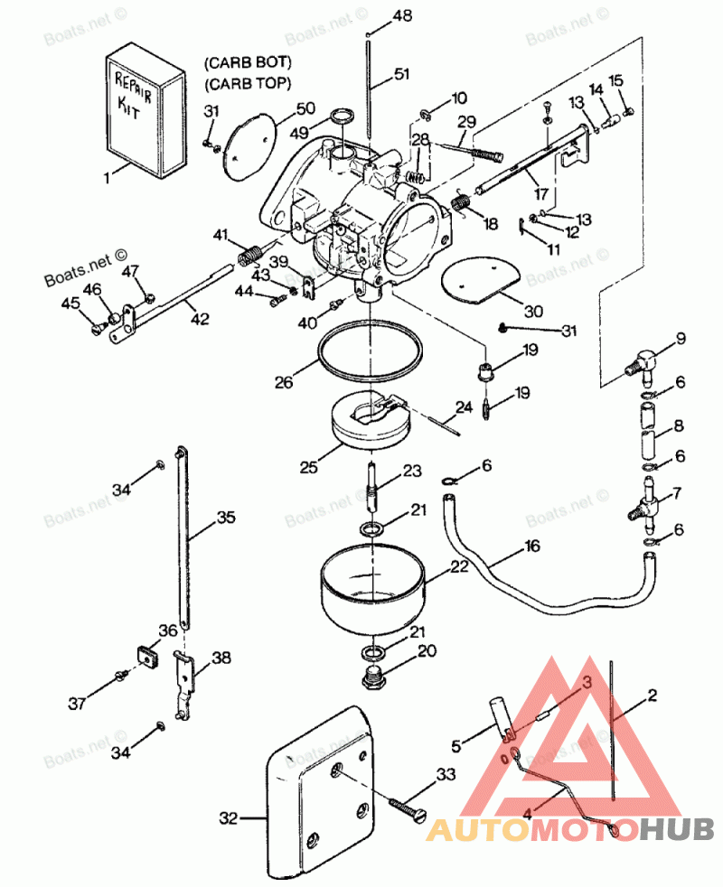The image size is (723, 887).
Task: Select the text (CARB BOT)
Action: tap(248, 63)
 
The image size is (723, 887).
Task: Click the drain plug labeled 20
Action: tap(374, 676)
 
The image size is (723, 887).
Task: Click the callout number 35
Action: tap(225, 518)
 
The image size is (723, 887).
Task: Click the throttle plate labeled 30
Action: tap(479, 282)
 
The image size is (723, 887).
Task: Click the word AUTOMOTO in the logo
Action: tap(533, 828)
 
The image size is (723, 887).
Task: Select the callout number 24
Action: tap(464, 408)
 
